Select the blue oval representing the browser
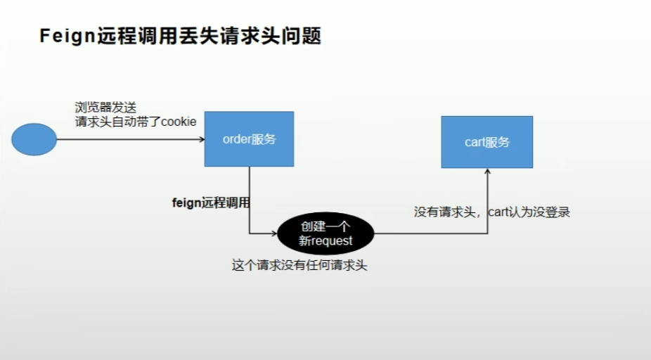[34, 139]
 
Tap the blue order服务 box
[249, 139]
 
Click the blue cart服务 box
[486, 142]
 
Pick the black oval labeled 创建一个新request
[325, 234]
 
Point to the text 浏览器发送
[105, 107]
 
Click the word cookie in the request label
[179, 122]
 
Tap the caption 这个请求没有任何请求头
[300, 266]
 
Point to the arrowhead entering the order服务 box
[200, 139]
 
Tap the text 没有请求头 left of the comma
[446, 212]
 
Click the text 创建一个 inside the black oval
[325, 227]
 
